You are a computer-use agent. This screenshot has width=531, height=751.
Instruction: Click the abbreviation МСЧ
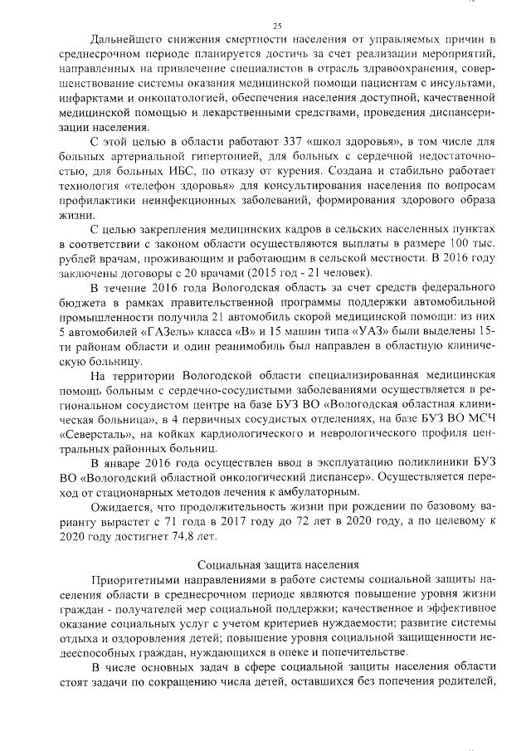(478, 417)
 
